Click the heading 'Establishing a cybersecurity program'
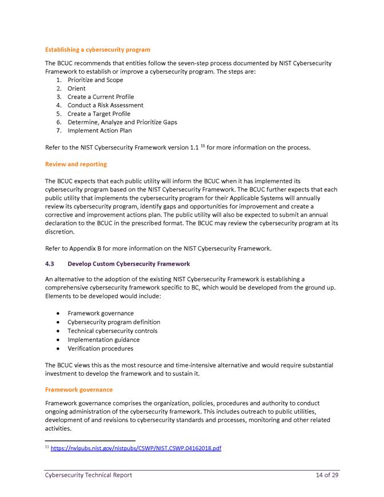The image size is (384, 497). [97, 50]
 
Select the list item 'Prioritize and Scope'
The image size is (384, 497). [95, 80]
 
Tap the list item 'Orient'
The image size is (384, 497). [77, 89]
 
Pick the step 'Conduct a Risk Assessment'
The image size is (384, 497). [105, 105]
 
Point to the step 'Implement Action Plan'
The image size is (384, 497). [99, 130]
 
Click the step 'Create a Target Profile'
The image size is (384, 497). [99, 114]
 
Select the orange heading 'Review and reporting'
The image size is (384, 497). [75, 164]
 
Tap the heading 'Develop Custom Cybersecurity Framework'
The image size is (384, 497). [129, 264]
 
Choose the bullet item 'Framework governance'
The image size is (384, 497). [101, 313]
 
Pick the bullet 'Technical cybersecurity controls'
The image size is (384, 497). [113, 331]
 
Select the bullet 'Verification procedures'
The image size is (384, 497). [100, 348]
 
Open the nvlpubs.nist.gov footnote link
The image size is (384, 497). [136, 448]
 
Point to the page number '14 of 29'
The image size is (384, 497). [327, 475]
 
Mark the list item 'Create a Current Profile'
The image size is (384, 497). [101, 97]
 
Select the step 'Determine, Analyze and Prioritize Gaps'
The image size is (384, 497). [122, 122]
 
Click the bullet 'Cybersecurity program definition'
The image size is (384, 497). [114, 322]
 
